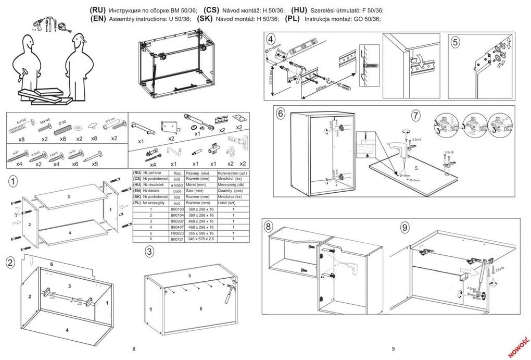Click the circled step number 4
(x=270, y=40)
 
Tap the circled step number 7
(x=415, y=115)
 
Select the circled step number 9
(x=404, y=227)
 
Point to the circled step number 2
(x=10, y=262)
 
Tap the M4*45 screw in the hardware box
(x=45, y=128)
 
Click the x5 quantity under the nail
(x=95, y=164)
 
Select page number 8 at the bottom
(x=134, y=349)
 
